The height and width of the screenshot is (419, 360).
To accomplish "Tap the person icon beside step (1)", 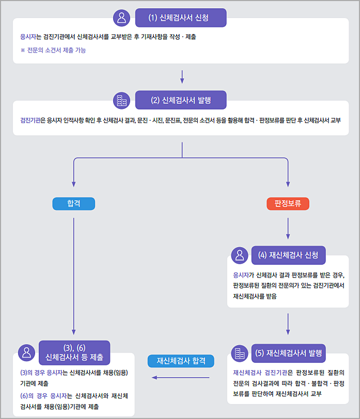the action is tap(122, 18).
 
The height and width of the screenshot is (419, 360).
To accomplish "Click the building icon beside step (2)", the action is tap(122, 100).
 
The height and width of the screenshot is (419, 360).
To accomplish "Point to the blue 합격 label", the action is tap(74, 204).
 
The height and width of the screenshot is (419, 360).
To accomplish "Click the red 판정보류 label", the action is tap(288, 204).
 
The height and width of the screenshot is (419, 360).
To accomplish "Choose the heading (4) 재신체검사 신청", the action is tap(288, 255).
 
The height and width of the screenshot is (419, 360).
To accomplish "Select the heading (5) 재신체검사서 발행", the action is tap(288, 353).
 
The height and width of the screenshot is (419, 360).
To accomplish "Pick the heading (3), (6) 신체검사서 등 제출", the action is tap(74, 352).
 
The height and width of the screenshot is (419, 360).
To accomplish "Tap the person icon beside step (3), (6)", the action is tap(26, 352).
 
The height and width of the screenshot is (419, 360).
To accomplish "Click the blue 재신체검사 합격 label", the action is tap(181, 361).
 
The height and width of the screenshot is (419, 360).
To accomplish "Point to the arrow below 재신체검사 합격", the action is tap(181, 378).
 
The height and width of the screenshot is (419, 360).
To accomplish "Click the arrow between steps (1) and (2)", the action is tap(182, 76).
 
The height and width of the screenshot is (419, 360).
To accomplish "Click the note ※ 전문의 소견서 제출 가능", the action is tap(53, 50).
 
